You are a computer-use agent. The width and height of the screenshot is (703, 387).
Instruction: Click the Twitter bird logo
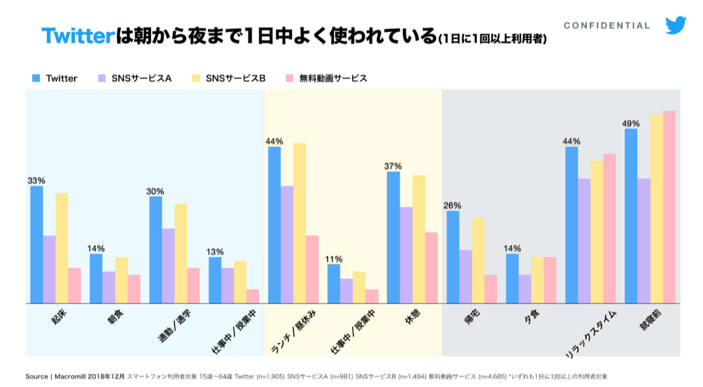click(676, 25)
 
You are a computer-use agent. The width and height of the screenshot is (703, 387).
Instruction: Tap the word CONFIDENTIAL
click(607, 26)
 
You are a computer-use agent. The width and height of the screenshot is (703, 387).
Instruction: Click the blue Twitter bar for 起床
click(37, 245)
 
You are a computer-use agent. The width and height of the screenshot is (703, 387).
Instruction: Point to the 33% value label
click(36, 180)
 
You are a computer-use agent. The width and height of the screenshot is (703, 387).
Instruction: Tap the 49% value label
click(631, 123)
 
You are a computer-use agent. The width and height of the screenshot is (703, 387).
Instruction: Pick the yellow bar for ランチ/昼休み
click(299, 223)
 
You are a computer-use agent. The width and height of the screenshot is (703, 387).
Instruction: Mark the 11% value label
click(334, 259)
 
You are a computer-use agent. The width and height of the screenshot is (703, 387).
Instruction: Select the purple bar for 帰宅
click(466, 277)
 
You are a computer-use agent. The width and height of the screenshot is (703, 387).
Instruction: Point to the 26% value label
click(453, 205)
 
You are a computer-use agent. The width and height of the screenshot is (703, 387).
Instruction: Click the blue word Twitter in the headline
click(77, 35)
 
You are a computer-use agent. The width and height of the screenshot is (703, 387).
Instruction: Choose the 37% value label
click(393, 166)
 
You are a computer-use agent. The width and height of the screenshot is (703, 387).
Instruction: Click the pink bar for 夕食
click(550, 280)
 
